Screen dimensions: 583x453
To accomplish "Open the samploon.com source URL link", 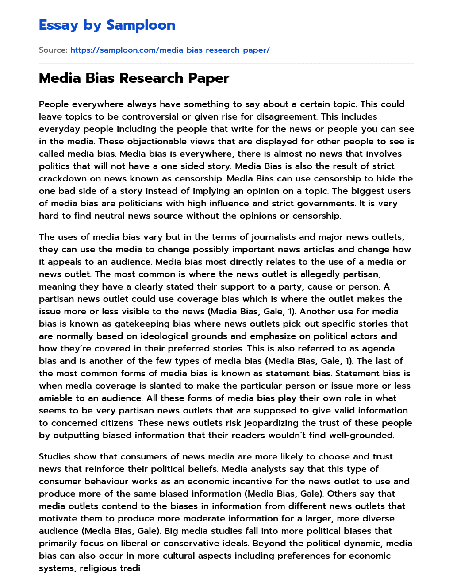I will pyautogui.click(x=170, y=50).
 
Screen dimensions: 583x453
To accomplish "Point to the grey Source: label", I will pyautogui.click(x=53, y=50).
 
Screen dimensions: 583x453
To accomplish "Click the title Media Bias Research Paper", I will pyautogui.click(x=134, y=78).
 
